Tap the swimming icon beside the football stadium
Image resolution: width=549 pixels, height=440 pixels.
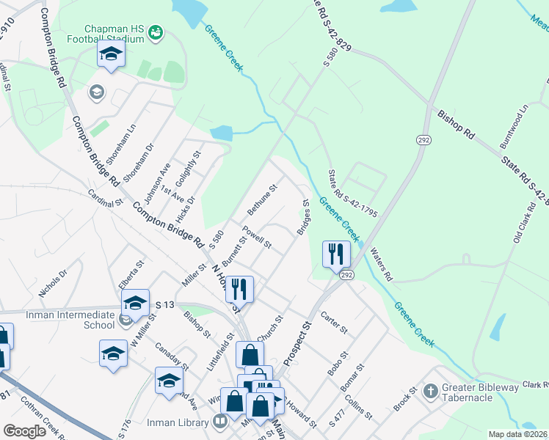point(155,32)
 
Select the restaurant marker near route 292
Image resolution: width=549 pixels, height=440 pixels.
point(336,254)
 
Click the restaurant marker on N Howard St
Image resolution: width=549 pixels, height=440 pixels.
point(239,289)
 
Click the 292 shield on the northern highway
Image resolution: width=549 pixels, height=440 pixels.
point(423,139)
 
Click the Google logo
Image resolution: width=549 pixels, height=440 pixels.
point(25,431)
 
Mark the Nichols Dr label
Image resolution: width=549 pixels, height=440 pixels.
point(53,282)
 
